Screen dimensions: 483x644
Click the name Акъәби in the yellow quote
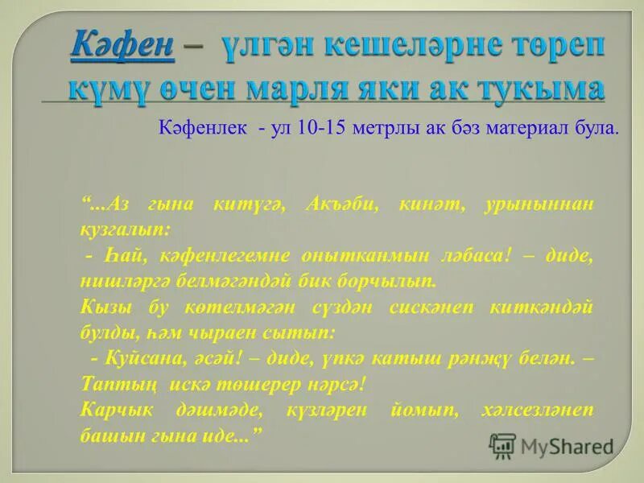[341, 204]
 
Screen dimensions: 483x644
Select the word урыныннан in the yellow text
[539, 204]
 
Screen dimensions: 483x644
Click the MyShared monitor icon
[503, 444]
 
